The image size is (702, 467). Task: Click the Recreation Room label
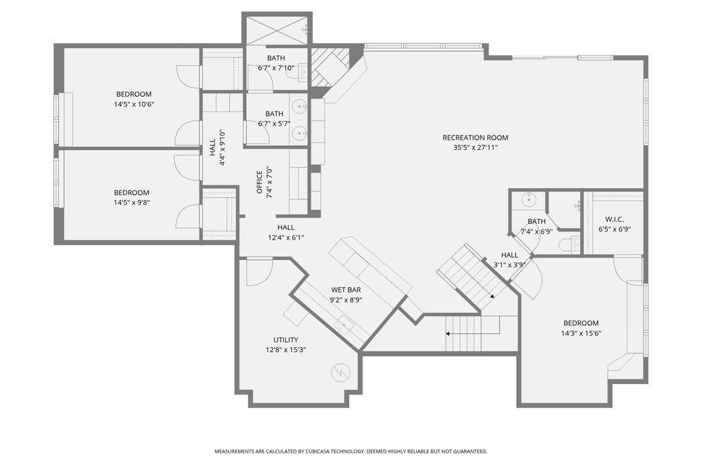pos(476,138)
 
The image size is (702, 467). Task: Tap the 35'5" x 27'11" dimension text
pos(476,148)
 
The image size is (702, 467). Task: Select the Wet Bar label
pos(346,290)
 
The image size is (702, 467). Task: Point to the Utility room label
pos(286,340)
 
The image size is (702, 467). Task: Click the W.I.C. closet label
pos(615,219)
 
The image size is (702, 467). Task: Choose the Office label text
pos(259,182)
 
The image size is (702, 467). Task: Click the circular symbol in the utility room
pos(340,373)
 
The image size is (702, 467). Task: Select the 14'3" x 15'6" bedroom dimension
pos(581,333)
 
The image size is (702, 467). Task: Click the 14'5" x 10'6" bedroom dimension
pos(134,104)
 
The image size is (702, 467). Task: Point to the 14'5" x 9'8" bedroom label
pos(131,193)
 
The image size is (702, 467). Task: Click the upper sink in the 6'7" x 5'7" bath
pos(299,107)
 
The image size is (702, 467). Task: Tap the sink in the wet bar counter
pos(346,323)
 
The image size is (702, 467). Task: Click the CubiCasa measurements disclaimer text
pos(350,451)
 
